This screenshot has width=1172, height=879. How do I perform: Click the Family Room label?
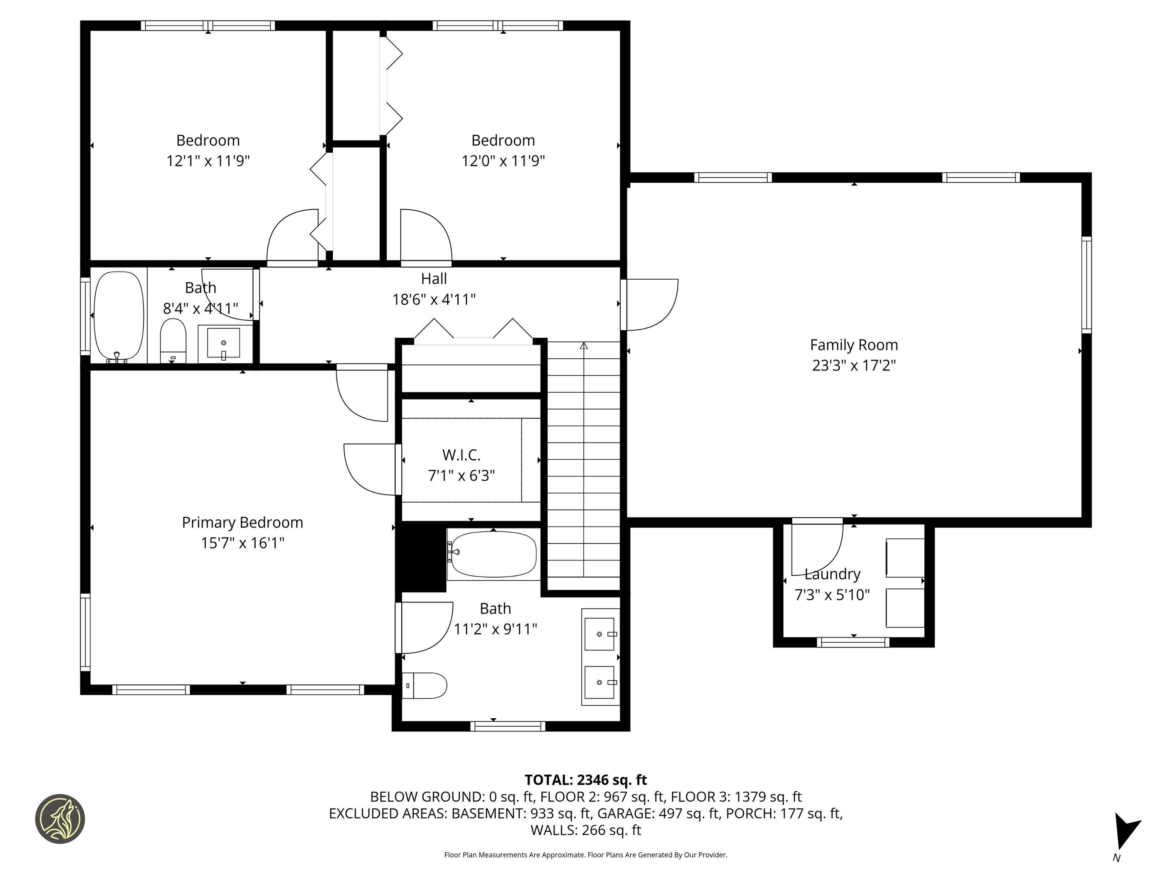853,345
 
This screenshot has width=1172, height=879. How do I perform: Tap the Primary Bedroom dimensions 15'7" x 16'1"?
243,543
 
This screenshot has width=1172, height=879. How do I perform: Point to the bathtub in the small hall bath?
119,317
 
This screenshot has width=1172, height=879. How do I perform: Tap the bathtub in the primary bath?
493,554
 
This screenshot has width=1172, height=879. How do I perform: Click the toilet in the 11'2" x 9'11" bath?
424,686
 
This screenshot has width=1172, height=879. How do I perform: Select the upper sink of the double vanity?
599,634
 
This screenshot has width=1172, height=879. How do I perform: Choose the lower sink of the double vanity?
599,683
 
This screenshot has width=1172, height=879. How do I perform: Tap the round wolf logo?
60,819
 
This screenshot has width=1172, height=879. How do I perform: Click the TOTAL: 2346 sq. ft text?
586,780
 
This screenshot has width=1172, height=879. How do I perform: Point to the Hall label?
434,279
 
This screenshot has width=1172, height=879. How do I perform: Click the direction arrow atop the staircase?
584,346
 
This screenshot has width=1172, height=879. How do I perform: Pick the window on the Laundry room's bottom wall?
853,642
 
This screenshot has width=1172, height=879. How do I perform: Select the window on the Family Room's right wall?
1086,285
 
